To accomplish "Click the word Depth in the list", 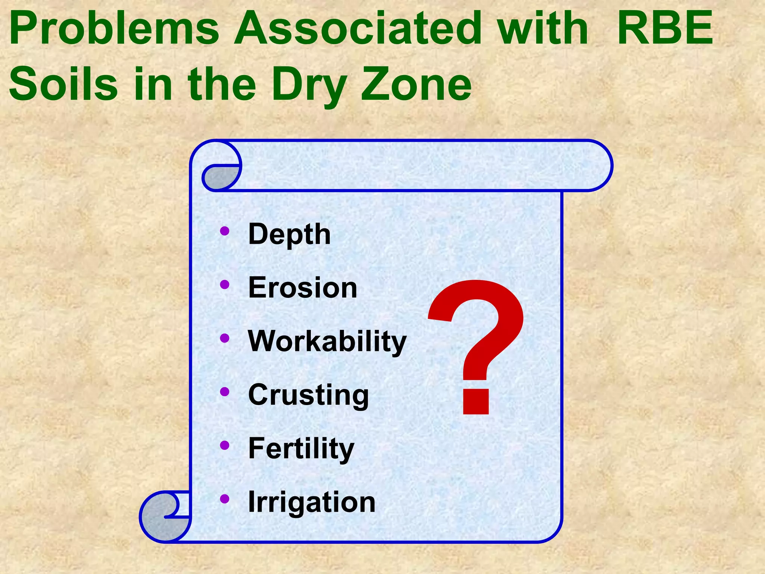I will [x=289, y=234].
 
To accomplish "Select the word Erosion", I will [x=303, y=288].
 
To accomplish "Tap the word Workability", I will [x=327, y=342].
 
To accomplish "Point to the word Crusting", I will [x=309, y=395].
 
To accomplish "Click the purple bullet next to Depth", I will [x=224, y=231].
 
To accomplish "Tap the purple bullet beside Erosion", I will [x=224, y=285].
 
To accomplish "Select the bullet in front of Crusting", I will [x=224, y=392].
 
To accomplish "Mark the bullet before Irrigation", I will [x=224, y=499].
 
